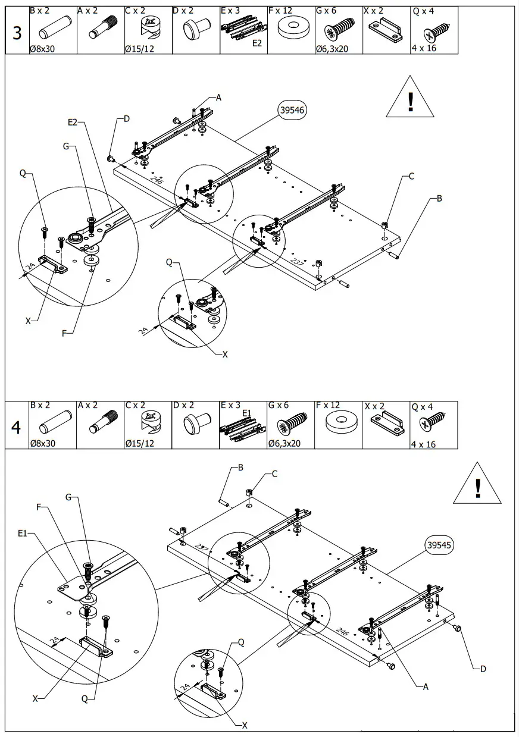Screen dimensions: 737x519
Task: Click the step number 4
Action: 17,426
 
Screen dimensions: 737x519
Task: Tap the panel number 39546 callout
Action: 292,110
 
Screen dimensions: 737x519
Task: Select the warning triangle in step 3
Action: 410,98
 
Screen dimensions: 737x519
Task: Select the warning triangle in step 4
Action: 477,485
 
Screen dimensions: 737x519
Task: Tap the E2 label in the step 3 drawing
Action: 73,122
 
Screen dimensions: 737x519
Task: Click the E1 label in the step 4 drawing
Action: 23,534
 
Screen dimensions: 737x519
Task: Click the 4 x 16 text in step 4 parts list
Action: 423,444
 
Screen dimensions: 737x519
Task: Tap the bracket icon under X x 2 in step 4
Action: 386,423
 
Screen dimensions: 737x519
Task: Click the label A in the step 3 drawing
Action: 218,98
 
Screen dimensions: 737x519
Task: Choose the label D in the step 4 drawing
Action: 483,669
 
